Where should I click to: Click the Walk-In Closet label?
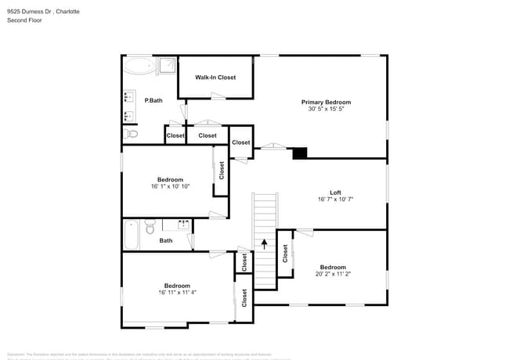(215, 77)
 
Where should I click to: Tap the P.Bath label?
(153, 100)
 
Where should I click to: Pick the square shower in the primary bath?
(167, 65)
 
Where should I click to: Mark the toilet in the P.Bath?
(131, 135)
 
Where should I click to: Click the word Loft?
(335, 193)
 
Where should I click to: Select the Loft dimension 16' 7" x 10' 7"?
(335, 200)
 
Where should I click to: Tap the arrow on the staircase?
(265, 243)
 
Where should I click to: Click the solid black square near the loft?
(300, 153)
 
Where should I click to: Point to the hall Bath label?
(166, 240)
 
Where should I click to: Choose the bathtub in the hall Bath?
(131, 234)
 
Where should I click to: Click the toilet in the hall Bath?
(150, 228)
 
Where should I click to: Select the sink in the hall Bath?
(184, 226)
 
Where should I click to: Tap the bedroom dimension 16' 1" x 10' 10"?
(170, 186)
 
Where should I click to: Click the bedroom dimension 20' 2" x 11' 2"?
(332, 274)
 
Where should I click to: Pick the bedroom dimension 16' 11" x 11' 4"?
(176, 293)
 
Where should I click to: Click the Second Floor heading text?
(24, 20)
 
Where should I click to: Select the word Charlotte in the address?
(73, 12)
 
